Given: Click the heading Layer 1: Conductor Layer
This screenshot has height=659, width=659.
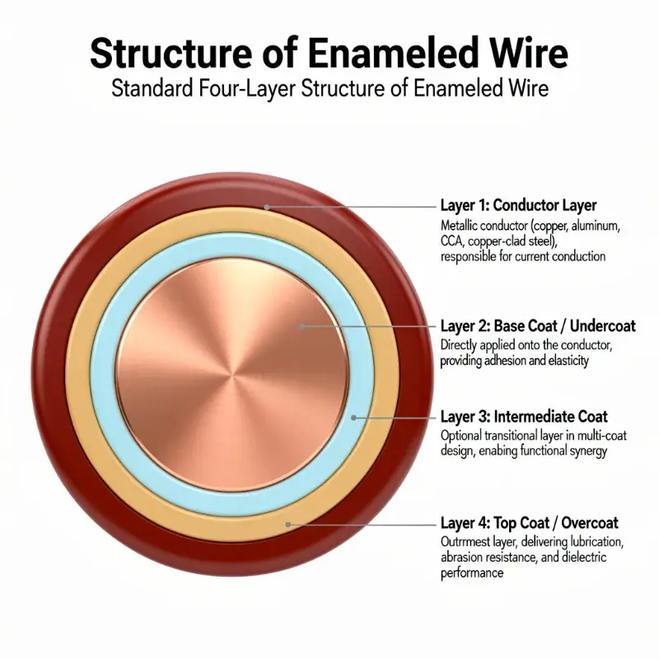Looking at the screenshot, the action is [518, 205].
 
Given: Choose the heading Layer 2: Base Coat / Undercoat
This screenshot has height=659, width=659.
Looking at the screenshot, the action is [538, 326].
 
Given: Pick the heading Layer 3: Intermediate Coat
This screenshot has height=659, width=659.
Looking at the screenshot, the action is [524, 417].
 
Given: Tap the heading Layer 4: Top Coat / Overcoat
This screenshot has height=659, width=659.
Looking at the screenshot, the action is [529, 523].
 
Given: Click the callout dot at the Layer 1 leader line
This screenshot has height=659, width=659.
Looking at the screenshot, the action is [266, 207].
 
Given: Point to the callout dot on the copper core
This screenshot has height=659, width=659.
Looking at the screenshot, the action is [301, 325].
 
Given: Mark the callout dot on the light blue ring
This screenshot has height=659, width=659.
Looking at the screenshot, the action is [354, 418].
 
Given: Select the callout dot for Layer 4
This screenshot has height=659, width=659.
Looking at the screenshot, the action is [287, 524].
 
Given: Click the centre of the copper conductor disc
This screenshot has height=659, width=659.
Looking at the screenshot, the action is [232, 375].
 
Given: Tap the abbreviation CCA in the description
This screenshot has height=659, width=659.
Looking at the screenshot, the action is [451, 241].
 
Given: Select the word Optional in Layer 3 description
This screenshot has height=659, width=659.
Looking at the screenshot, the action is [460, 436].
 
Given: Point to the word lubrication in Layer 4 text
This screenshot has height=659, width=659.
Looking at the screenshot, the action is [593, 542].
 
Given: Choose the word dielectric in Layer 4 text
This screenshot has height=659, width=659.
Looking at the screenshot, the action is [584, 558].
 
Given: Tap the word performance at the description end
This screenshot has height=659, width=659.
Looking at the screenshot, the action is [472, 573].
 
